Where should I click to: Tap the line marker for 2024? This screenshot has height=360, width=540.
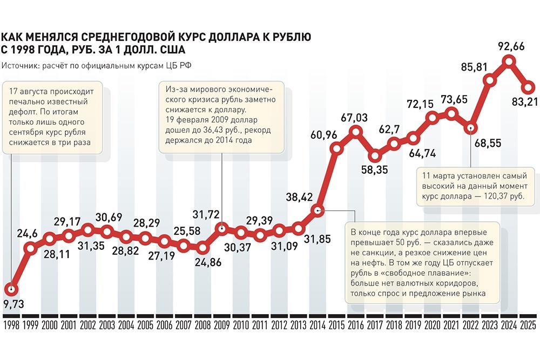pos(509,63)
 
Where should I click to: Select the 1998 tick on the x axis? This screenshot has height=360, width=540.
pos(12,327)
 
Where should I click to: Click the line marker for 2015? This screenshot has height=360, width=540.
pos(336,148)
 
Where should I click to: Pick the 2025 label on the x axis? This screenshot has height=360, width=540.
pos(528,327)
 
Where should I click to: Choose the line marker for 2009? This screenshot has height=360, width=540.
pos(221,229)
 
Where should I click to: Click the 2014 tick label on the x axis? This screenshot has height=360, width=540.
pos(317,327)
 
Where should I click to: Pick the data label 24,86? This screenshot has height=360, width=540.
pos(204,264)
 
